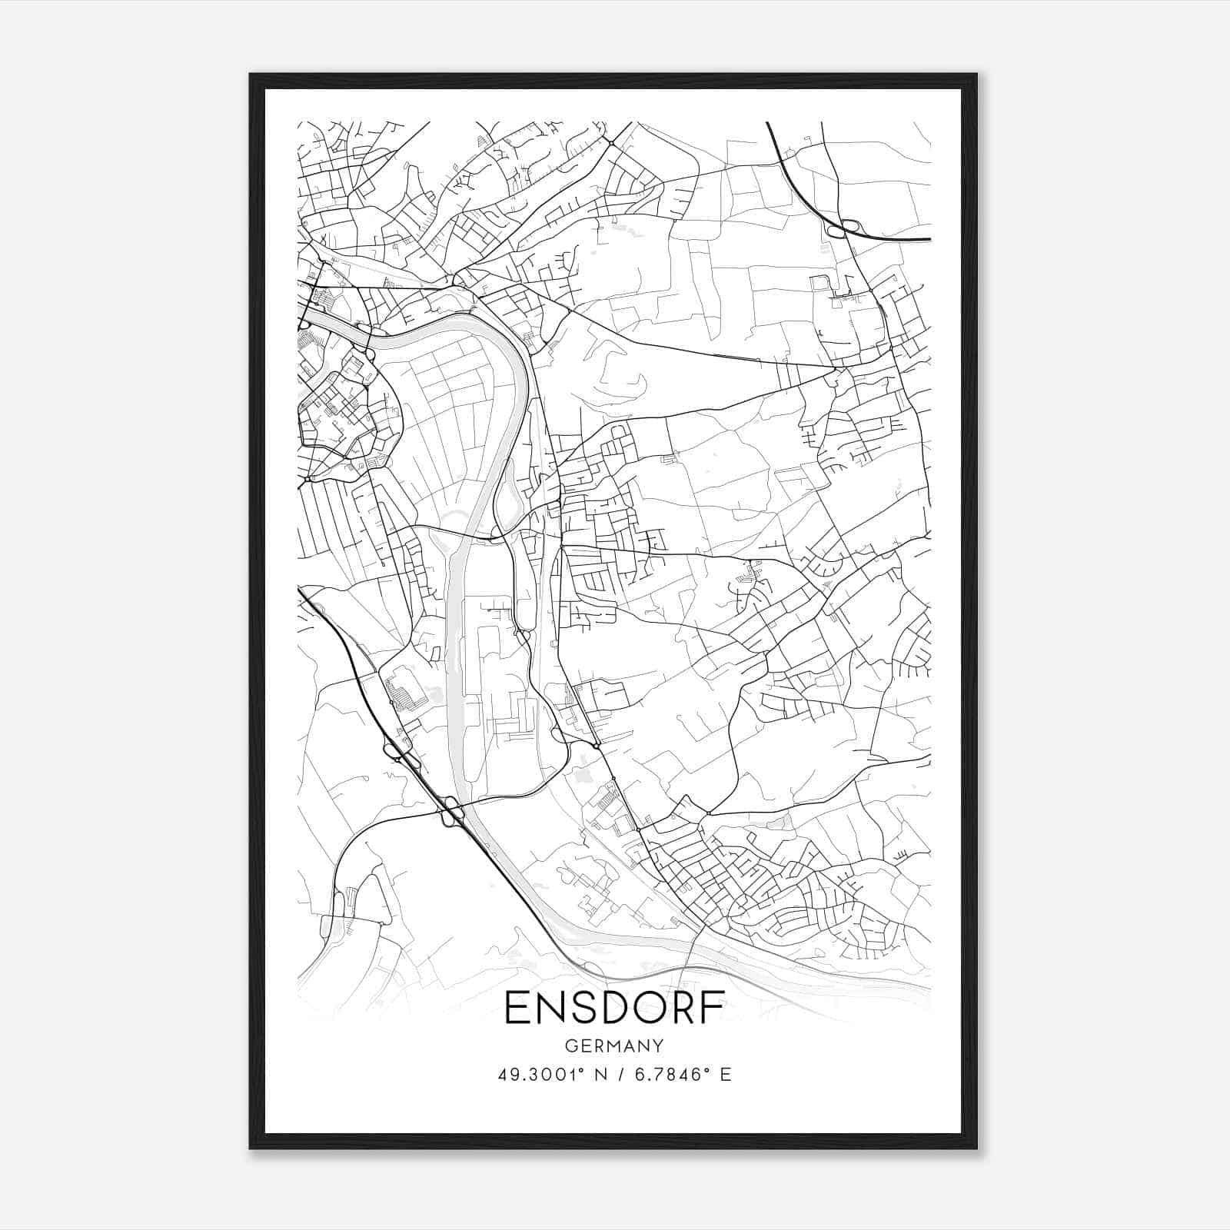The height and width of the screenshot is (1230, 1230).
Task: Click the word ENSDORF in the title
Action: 614,1009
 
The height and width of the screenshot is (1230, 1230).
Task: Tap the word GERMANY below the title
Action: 614,1045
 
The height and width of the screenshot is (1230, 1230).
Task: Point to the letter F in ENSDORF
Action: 712,1009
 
